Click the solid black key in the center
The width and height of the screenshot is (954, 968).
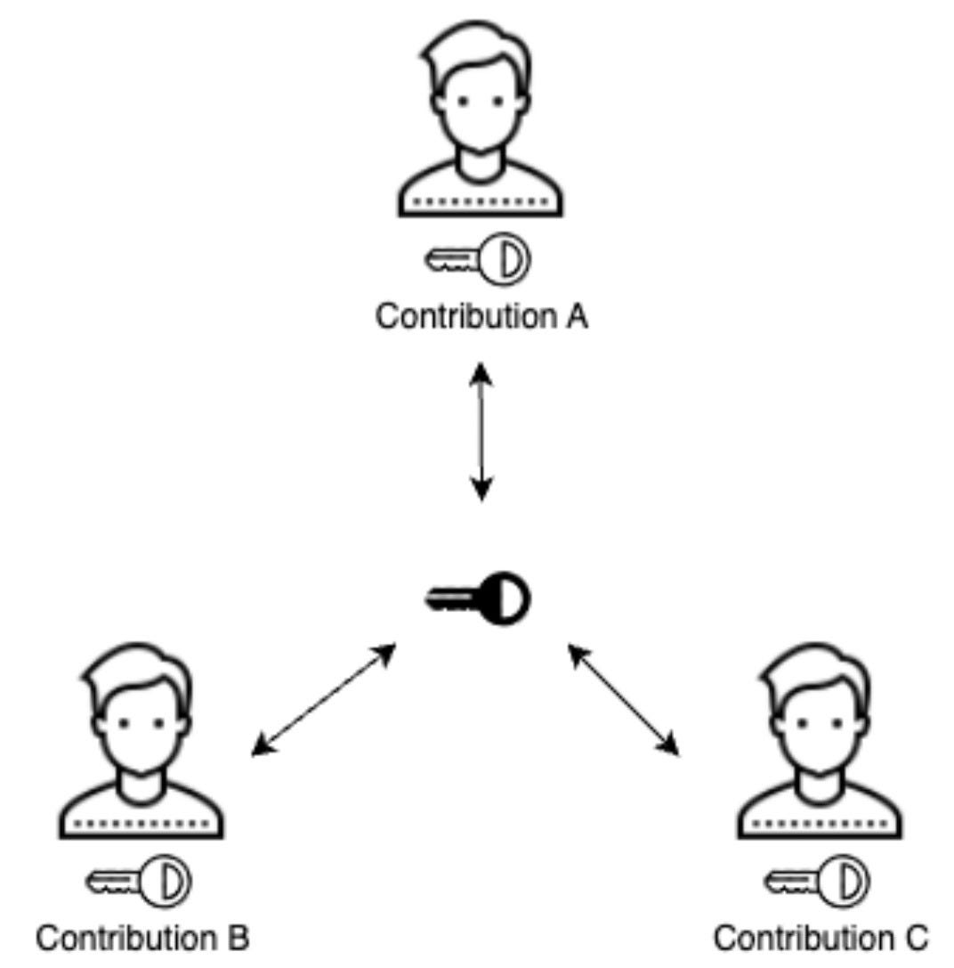tap(478, 596)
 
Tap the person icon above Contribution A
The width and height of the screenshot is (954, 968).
tap(481, 120)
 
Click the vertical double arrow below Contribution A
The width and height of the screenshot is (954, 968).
tap(481, 432)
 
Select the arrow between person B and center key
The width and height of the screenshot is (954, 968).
tap(324, 701)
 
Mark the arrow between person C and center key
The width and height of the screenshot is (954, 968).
tap(624, 701)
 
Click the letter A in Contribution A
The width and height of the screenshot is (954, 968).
tap(575, 316)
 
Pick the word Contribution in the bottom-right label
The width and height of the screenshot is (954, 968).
tap(804, 938)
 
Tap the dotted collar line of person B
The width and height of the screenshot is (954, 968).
tap(141, 825)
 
